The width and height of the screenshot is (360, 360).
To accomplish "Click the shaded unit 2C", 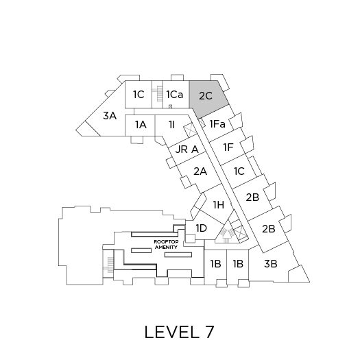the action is point(206,97).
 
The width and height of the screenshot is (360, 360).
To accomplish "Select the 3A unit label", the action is point(110,116).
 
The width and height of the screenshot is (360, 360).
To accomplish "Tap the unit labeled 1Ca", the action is point(175,95).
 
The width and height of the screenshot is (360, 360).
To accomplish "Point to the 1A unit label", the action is point(141,125).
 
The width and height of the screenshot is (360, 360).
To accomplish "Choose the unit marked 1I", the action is point(171,125).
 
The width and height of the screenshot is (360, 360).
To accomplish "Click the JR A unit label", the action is point(187,149).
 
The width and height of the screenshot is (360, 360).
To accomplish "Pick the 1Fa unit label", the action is point(217,124).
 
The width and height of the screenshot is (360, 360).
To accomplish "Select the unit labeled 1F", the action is point(228,147).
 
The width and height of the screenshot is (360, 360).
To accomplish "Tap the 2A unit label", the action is point(200,171).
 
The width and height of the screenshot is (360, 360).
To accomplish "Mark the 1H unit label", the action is point(219,205).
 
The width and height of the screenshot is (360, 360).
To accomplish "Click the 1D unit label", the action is point(202,228).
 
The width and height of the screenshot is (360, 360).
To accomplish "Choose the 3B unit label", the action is point(270,264).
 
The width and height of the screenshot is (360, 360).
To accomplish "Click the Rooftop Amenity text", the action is point(166,245).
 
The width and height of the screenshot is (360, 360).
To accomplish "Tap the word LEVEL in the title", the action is point(172,332).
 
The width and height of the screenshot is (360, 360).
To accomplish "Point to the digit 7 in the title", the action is point(208,332).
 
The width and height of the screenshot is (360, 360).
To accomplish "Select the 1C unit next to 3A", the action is point(139,95).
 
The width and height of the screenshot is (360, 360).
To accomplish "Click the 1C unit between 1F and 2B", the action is point(239,171).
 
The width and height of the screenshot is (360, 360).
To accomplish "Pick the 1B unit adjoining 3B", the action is point(238,264).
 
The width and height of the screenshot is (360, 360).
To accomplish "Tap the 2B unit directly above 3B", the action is point(269,229).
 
